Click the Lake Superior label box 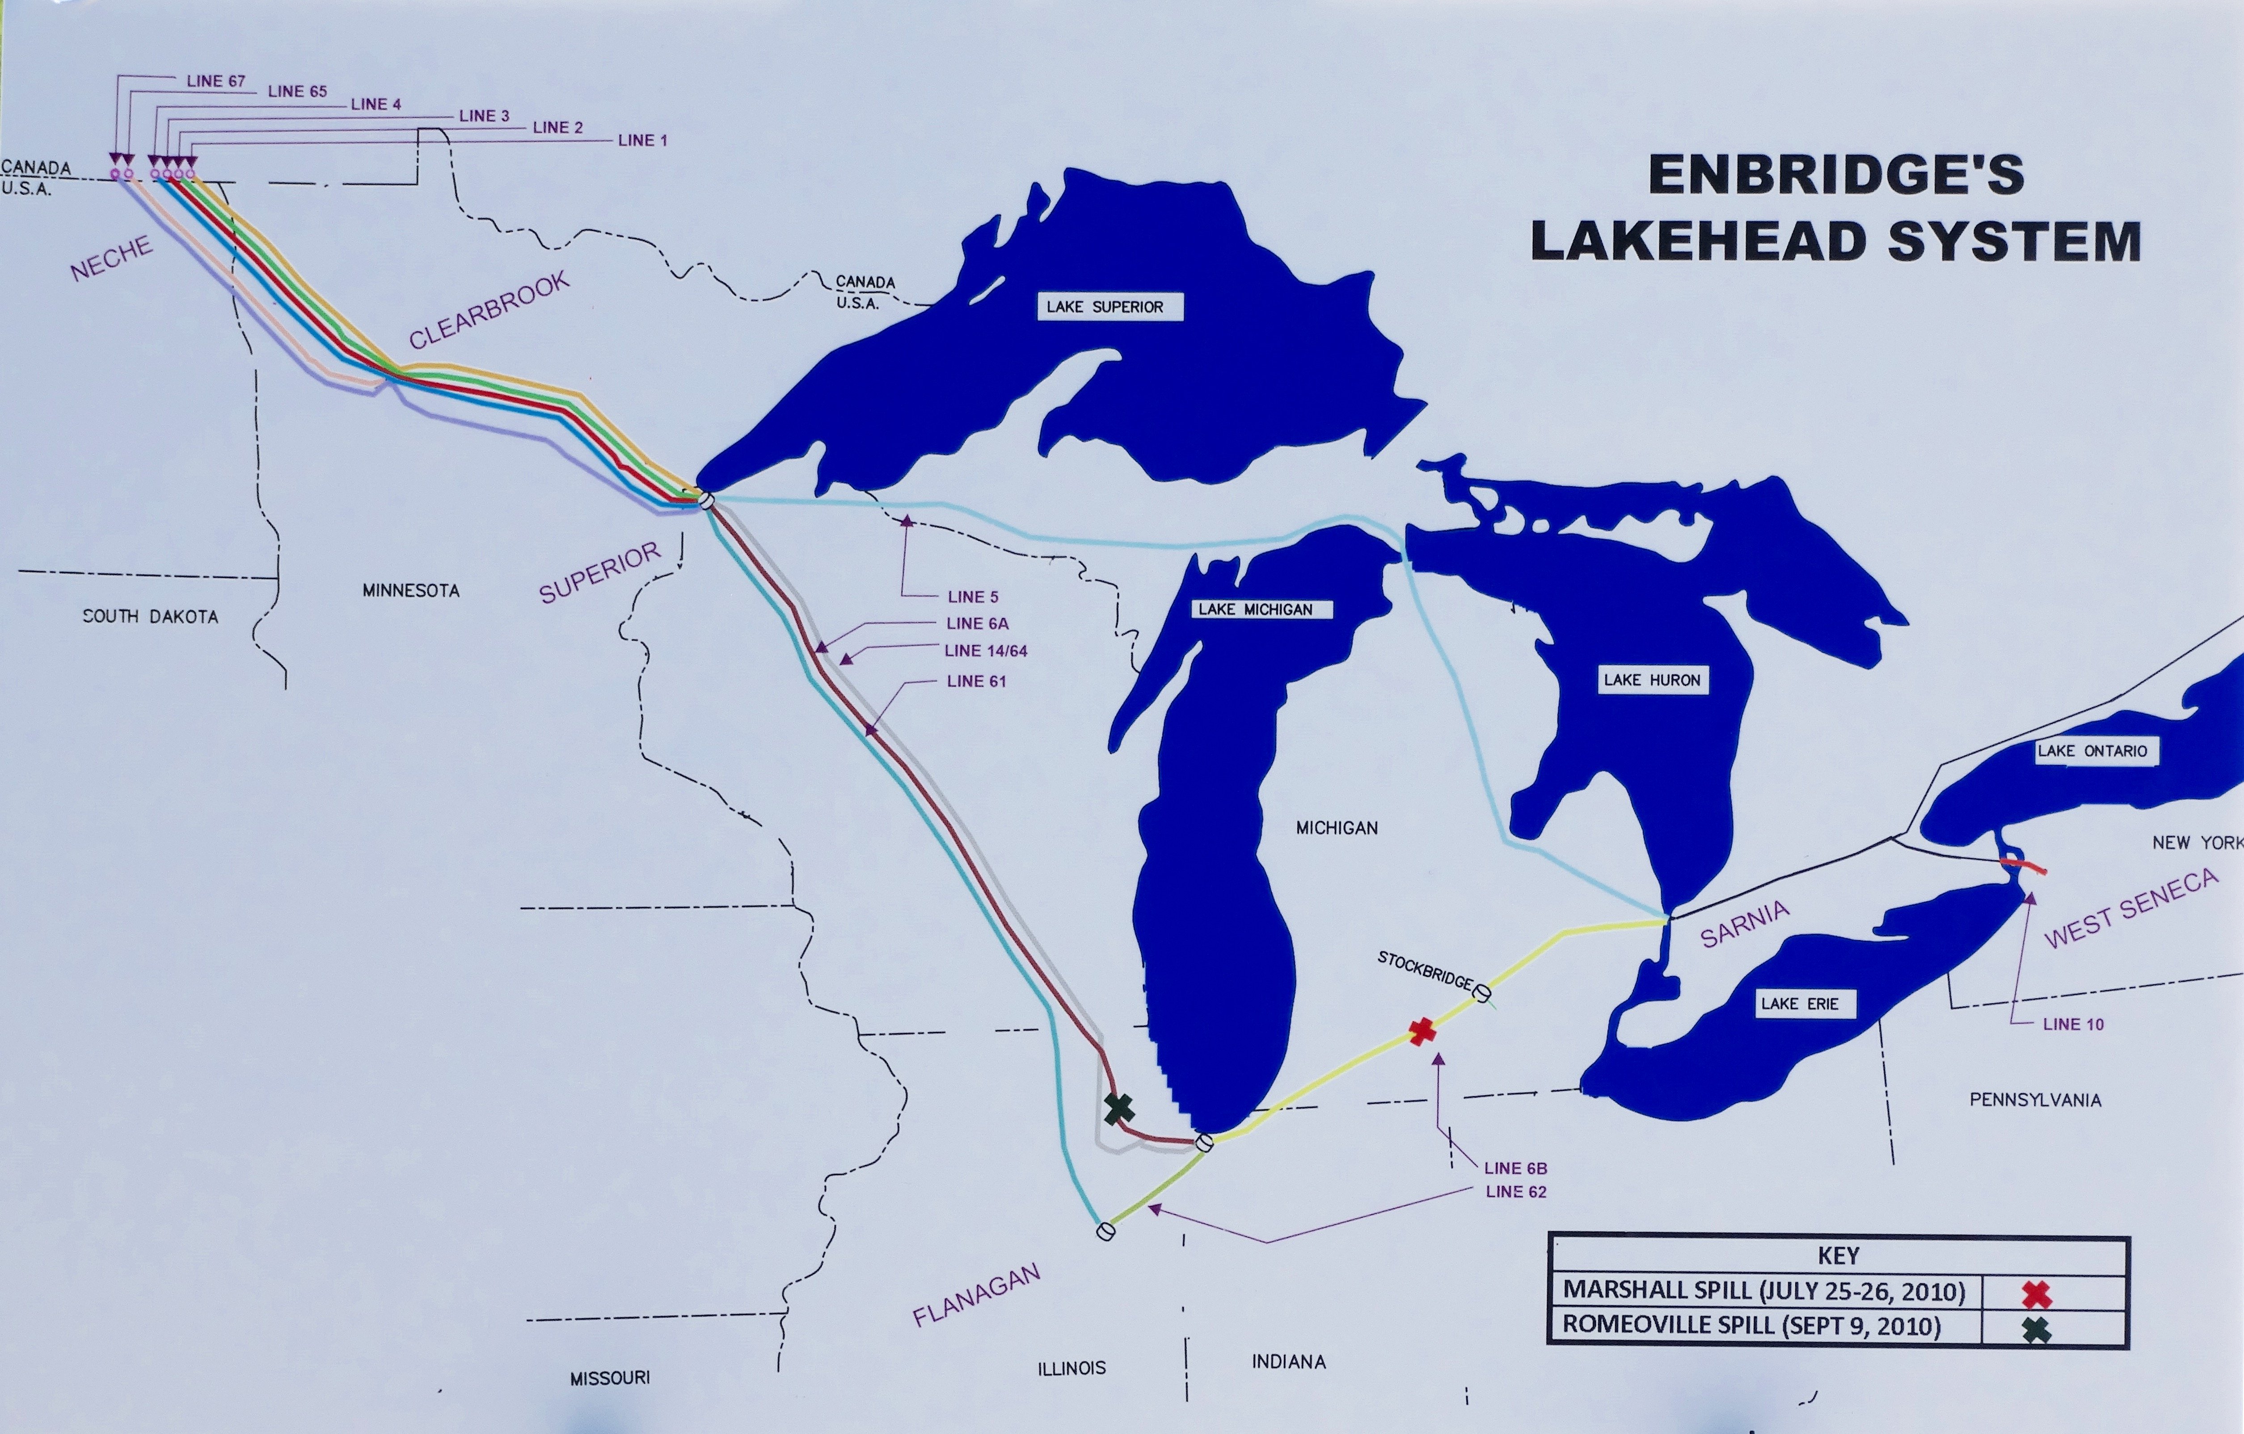pyautogui.click(x=1109, y=307)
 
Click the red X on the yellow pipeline pyautogui.click(x=1421, y=1031)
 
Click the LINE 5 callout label pyautogui.click(x=972, y=596)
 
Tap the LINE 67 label pyautogui.click(x=215, y=81)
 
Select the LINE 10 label pyautogui.click(x=2072, y=1024)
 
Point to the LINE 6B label pyautogui.click(x=1515, y=1168)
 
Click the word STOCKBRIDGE pyautogui.click(x=1425, y=970)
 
